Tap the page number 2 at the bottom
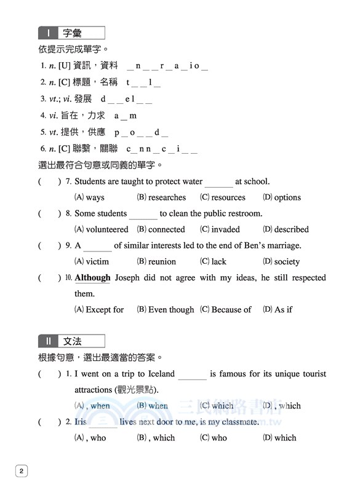tap(22, 471)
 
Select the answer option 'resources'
tap(228, 197)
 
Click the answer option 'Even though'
tap(170, 309)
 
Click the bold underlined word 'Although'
tap(92, 277)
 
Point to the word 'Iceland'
tap(159, 373)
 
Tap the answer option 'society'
tap(287, 261)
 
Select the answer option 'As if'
tap(283, 309)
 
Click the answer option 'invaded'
tap(225, 229)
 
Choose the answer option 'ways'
tap(95, 197)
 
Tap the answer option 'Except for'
tap(105, 309)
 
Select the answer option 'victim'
tap(97, 261)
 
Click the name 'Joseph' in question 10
tap(128, 277)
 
